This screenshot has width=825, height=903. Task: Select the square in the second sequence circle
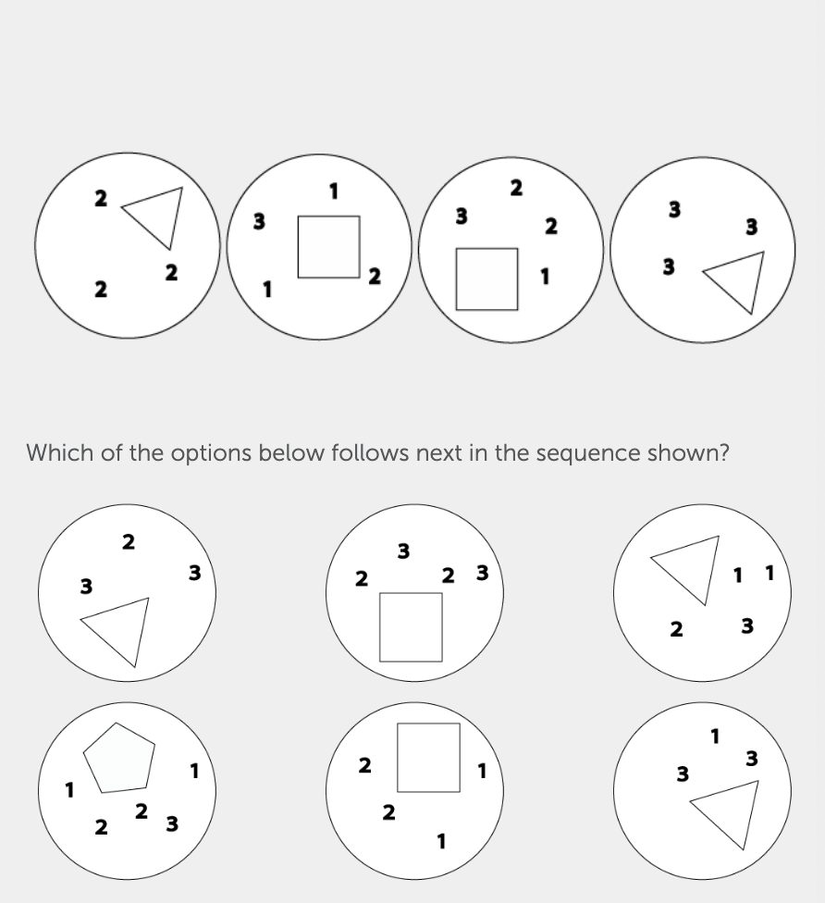click(328, 246)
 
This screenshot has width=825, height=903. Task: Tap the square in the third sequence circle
click(486, 278)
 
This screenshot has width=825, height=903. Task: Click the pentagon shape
click(117, 757)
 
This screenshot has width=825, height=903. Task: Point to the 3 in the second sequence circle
click(260, 221)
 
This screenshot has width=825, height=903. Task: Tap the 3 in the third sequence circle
click(461, 216)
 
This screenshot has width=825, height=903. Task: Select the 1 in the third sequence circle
click(546, 276)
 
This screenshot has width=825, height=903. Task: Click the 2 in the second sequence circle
click(374, 276)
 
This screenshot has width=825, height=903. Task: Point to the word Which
click(60, 453)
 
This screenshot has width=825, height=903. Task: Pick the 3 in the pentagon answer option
click(171, 823)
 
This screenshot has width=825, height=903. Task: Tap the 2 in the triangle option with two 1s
click(677, 630)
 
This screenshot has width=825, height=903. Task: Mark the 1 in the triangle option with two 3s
click(714, 736)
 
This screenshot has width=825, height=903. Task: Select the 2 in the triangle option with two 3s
click(129, 542)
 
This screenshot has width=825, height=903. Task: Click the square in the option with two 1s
click(428, 757)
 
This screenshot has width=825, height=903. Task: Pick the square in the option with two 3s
click(411, 627)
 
